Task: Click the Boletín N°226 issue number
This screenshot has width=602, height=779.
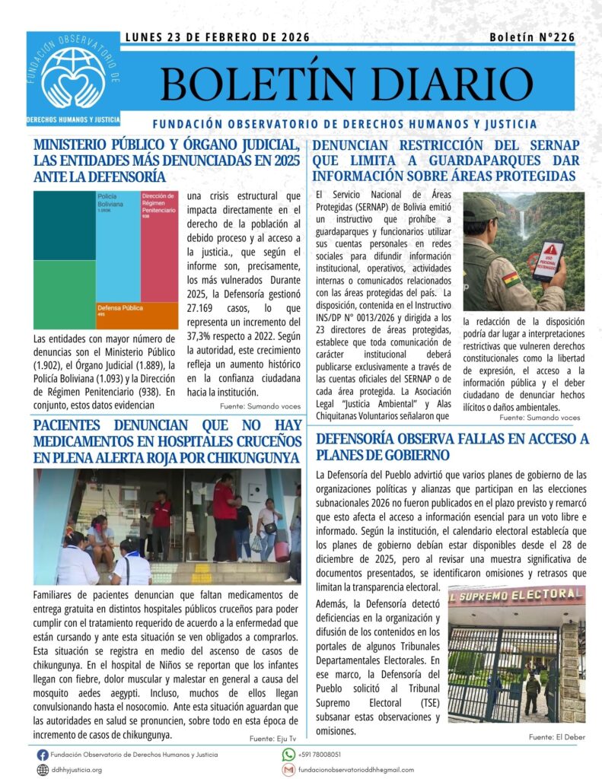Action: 532,37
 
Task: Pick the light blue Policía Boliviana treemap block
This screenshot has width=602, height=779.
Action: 118,243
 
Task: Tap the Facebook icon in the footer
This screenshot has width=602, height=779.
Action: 43,754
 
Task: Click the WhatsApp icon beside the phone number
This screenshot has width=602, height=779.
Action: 288,754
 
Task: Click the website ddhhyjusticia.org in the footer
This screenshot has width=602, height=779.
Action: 76,770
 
